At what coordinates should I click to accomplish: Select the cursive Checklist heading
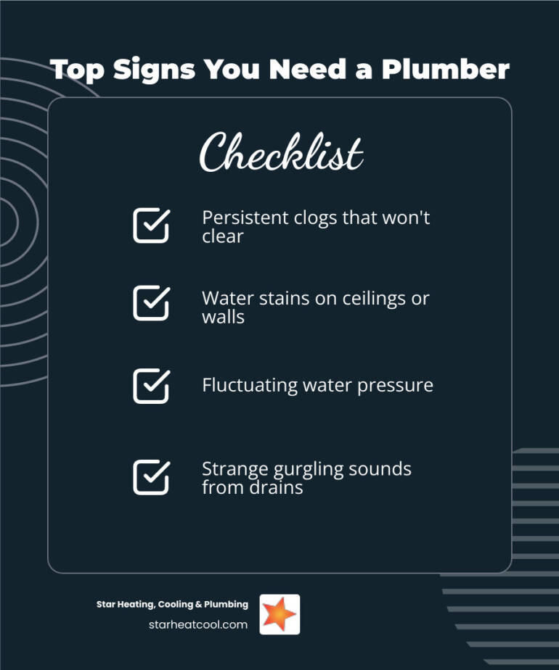281,153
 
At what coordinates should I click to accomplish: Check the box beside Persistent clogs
151,226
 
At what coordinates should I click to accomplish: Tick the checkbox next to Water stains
151,302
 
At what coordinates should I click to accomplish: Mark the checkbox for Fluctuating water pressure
151,386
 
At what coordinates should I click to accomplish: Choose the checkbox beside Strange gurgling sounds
151,477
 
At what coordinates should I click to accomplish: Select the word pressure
399,385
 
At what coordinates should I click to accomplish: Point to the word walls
223,316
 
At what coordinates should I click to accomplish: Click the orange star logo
279,614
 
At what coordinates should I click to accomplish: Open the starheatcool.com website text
197,624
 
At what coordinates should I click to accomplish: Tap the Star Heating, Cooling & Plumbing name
172,604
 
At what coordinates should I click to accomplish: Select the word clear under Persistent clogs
222,236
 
